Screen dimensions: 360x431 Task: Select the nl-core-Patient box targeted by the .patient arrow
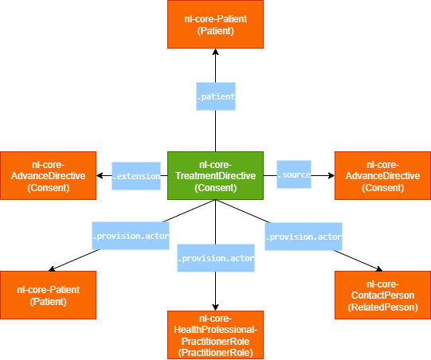pos(215,24)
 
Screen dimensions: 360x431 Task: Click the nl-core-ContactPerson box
pos(382,295)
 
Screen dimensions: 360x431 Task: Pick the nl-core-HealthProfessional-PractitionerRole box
pos(215,335)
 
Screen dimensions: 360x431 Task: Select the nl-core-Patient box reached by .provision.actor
pos(48,295)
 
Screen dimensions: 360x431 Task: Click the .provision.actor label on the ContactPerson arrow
pos(303,237)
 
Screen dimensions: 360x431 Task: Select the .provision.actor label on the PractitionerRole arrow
pos(216,259)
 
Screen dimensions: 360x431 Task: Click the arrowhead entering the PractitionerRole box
pos(215,307)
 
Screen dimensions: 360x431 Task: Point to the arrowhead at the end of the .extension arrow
pos(100,175)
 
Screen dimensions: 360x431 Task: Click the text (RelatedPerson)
pos(382,307)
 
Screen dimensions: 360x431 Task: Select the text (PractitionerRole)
pos(215,352)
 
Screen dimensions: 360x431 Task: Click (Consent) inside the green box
pos(215,188)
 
